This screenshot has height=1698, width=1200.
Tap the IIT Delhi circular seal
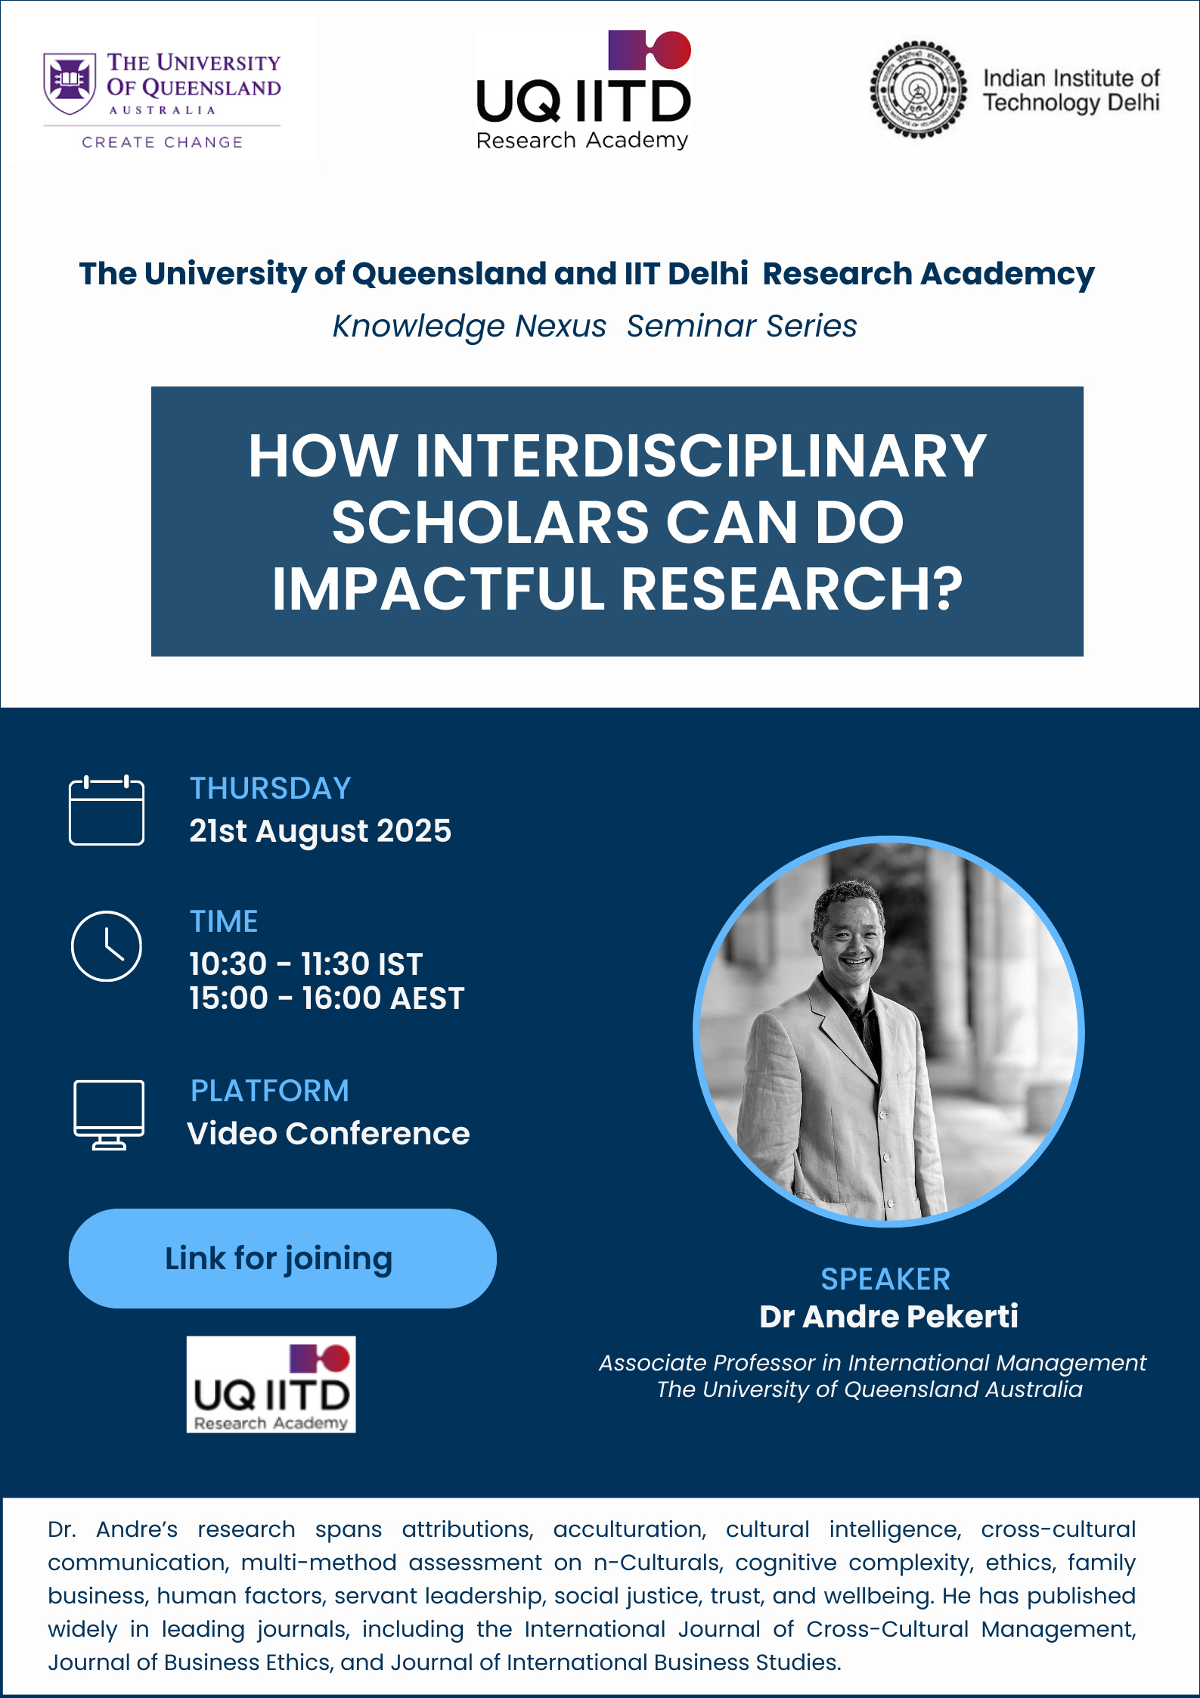pyautogui.click(x=918, y=90)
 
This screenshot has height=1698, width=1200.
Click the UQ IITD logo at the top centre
pyautogui.click(x=584, y=90)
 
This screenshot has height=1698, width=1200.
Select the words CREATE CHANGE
pyautogui.click(x=163, y=142)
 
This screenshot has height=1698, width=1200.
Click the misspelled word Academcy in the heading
pyautogui.click(x=1007, y=275)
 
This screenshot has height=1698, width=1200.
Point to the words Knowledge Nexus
pyautogui.click(x=470, y=326)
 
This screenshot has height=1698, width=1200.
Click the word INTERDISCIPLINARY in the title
pyautogui.click(x=700, y=456)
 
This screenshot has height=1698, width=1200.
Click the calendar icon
pyautogui.click(x=107, y=810)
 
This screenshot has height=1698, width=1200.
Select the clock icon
pyautogui.click(x=107, y=946)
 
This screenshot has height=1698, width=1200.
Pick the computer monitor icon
pyautogui.click(x=109, y=1115)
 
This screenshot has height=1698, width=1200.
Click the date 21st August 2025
pyautogui.click(x=320, y=831)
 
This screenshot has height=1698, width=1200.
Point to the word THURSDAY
pyautogui.click(x=270, y=788)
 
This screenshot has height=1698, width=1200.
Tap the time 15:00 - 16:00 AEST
pyautogui.click(x=327, y=998)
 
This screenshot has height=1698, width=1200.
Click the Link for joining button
pyautogui.click(x=283, y=1259)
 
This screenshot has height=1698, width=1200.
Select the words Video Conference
pyautogui.click(x=329, y=1134)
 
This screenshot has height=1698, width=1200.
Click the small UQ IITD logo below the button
pyautogui.click(x=271, y=1384)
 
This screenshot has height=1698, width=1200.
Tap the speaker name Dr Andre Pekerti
pyautogui.click(x=888, y=1316)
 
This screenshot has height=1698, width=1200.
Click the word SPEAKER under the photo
pyautogui.click(x=885, y=1279)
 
